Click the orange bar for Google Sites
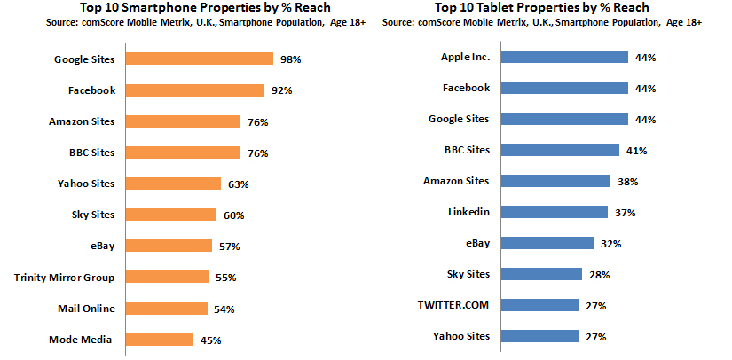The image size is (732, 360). coord(199,59)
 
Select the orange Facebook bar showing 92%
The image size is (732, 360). coord(194,90)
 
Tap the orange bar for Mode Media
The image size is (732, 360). coord(159,340)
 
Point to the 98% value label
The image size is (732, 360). coord(291,59)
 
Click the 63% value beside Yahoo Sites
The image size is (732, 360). coord(238,184)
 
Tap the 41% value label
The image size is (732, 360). coord(635,151)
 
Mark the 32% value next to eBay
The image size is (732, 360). coord(610,244)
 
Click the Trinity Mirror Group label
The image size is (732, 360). coord(65,278)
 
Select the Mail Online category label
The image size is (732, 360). coord(87,309)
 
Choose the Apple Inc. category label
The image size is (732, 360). coord(465,57)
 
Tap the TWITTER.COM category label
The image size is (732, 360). coord(454,305)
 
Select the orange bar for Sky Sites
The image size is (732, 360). coord(170,215)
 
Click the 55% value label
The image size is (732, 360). coord(225,278)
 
